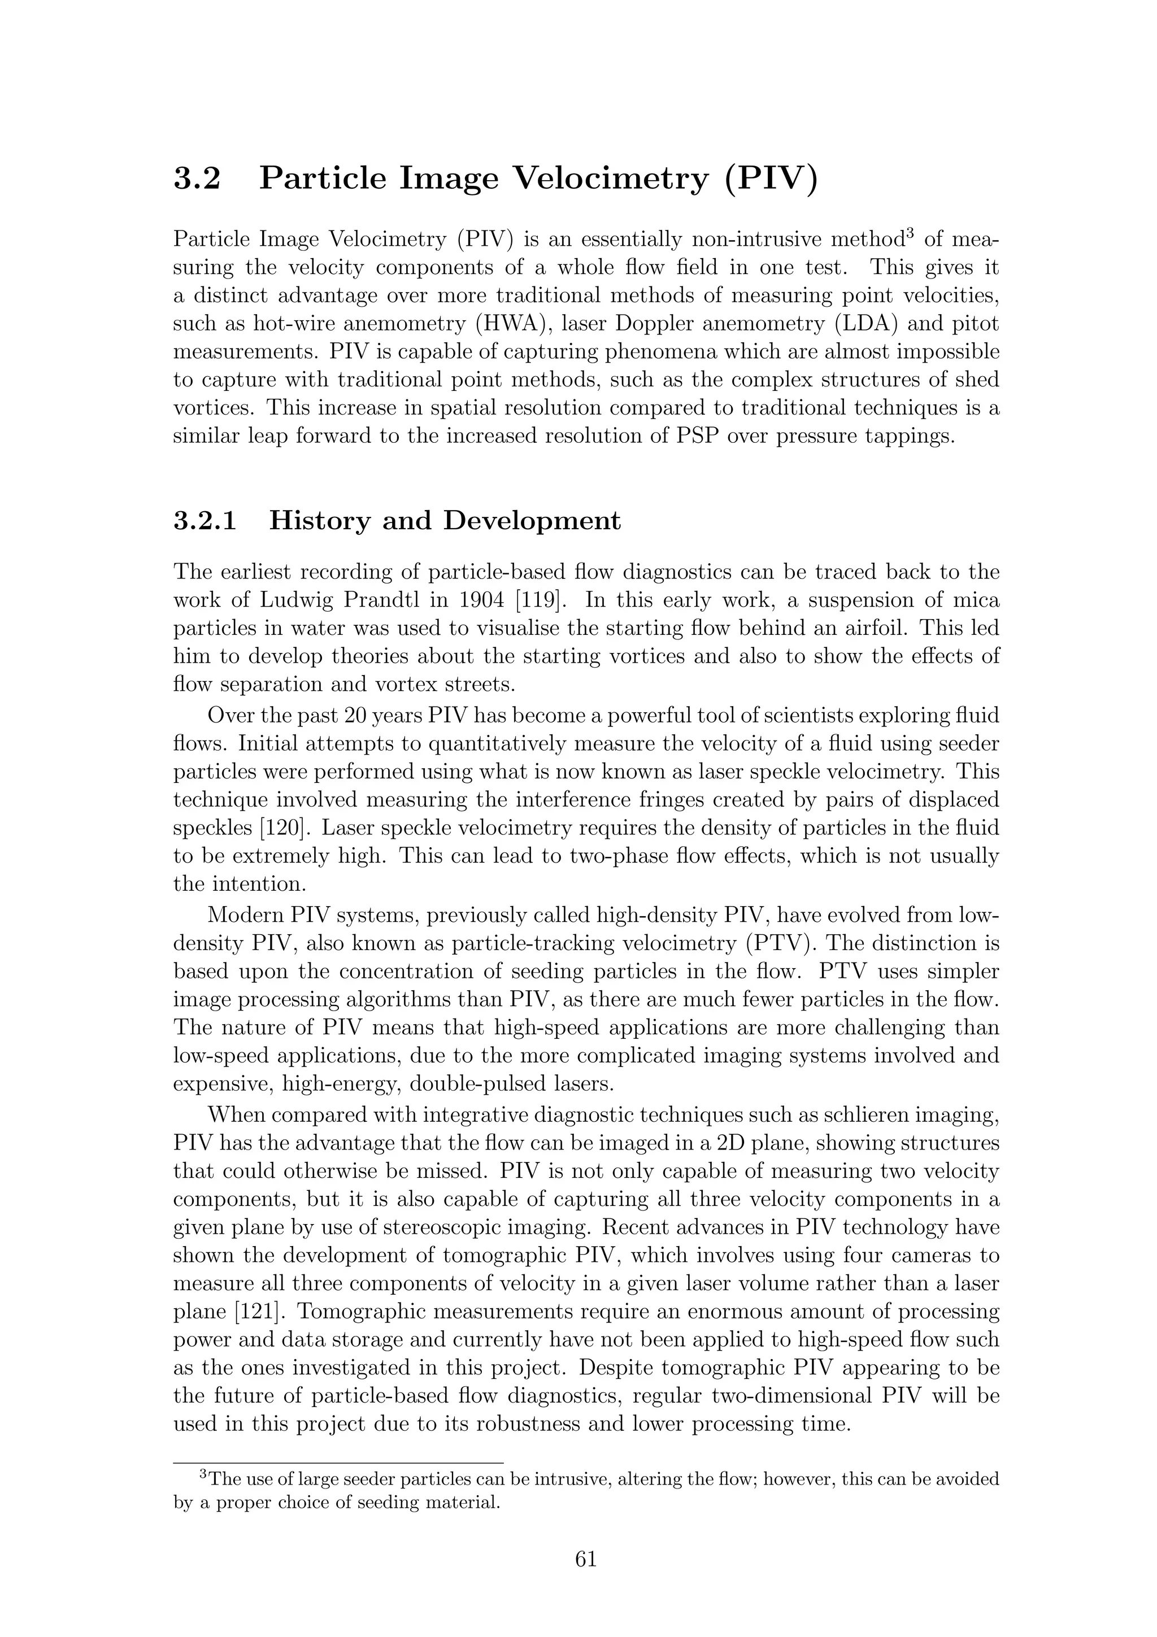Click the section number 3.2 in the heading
[x=197, y=177]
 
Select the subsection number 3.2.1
[x=205, y=520]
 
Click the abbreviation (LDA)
[x=875, y=324]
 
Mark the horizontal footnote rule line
[x=338, y=1460]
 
